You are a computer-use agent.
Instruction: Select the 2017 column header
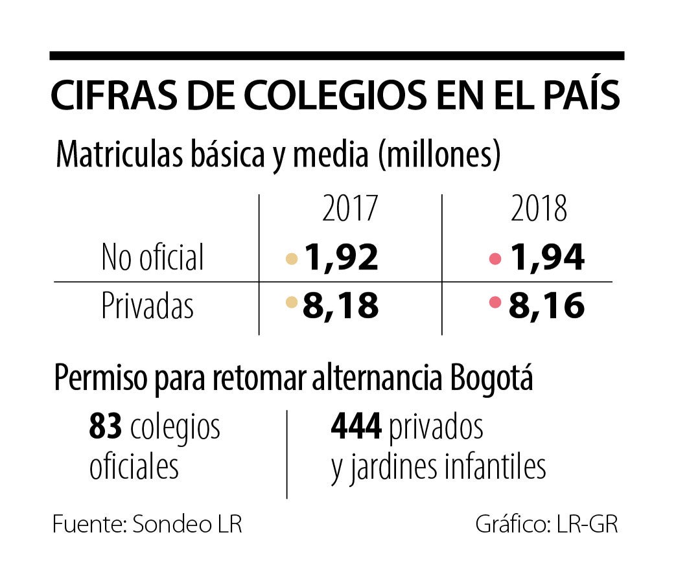pyautogui.click(x=349, y=209)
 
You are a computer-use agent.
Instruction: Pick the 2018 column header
pyautogui.click(x=539, y=209)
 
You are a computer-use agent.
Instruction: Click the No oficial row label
pyautogui.click(x=152, y=257)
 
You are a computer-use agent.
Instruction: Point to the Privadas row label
pyautogui.click(x=147, y=306)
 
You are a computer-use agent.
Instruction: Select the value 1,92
pyautogui.click(x=341, y=258)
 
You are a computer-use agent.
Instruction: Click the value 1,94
pyautogui.click(x=547, y=258)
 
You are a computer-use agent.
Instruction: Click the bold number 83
pyautogui.click(x=106, y=427)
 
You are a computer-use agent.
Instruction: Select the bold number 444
pyautogui.click(x=356, y=427)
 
